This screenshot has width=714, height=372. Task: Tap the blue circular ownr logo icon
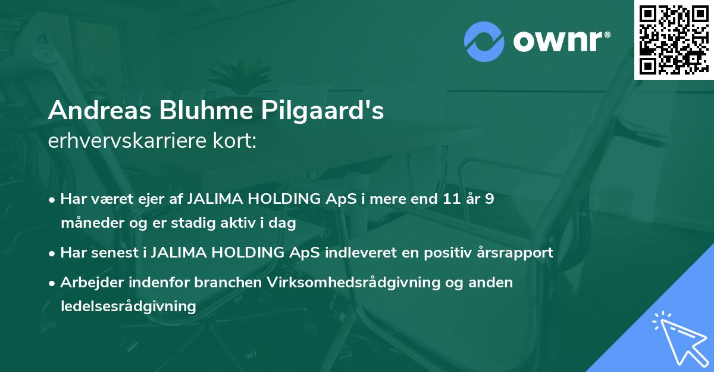tap(484, 41)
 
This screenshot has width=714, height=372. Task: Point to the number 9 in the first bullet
tap(489, 199)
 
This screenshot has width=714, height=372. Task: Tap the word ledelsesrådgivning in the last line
tap(128, 306)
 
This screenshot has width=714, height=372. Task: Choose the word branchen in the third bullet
tap(230, 282)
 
